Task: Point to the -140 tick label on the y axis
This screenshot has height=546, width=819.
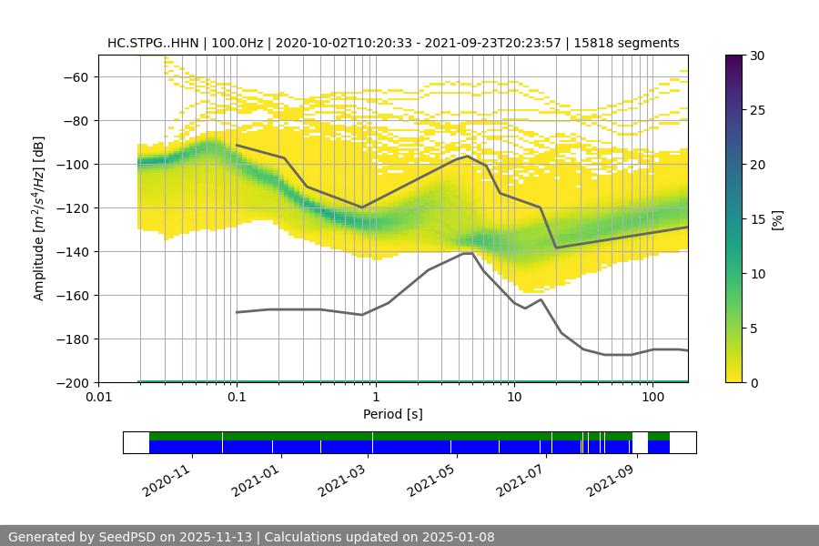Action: [x=76, y=251]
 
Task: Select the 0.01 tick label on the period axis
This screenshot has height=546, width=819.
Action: [x=98, y=397]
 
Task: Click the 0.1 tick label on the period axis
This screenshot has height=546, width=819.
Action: [x=237, y=397]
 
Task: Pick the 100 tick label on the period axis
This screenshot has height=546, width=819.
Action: [x=652, y=397]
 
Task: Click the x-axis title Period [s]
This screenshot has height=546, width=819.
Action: [x=393, y=414]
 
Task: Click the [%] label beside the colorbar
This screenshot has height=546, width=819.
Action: [x=777, y=219]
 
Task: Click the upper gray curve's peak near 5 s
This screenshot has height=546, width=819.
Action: [x=468, y=156]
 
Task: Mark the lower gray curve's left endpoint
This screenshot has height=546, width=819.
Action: [x=237, y=312]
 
